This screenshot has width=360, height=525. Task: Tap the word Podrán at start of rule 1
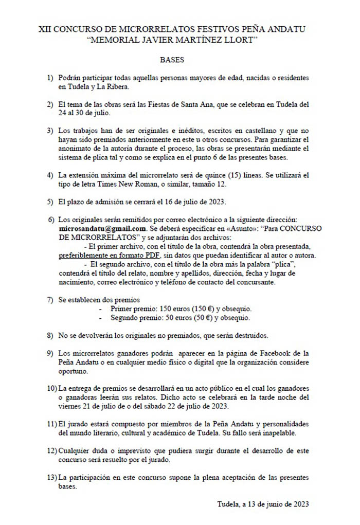[x=70, y=77]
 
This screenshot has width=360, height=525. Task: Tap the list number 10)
[x=52, y=388]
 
